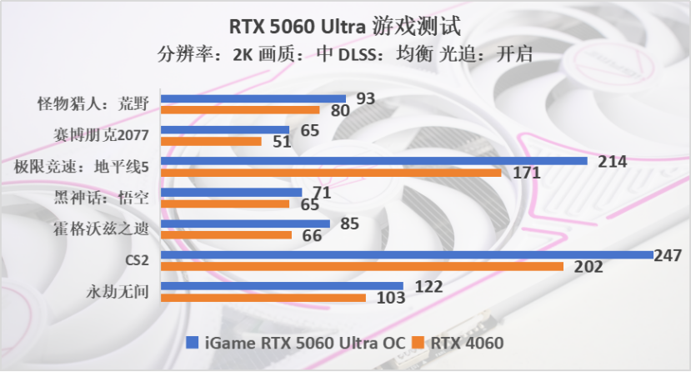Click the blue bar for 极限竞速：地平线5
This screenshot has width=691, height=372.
[373, 161]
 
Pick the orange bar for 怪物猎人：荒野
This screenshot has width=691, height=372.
[240, 109]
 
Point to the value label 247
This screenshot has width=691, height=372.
[668, 255]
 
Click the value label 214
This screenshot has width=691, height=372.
[612, 162]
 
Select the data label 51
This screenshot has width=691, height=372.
[282, 142]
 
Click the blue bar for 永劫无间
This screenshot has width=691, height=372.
[282, 286]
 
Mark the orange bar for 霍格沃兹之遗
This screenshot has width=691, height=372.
[226, 234]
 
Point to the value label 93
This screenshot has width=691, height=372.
[365, 98]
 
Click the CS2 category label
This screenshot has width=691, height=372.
[137, 260]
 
